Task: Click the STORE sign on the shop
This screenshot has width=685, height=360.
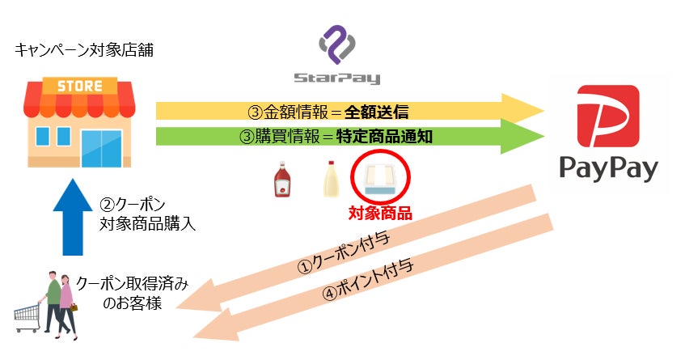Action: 78,86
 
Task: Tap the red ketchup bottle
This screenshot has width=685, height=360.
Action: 283,179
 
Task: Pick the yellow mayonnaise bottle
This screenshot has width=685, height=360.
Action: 330,179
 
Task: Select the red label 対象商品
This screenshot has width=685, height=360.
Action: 380,214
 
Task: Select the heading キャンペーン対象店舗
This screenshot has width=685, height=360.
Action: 84,50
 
